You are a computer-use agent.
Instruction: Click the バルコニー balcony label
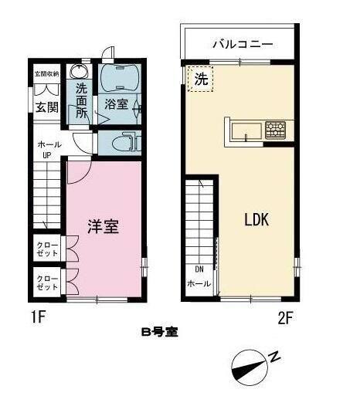[238, 44]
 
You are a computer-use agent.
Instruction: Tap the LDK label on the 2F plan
[256, 219]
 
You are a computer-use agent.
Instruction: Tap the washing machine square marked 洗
[200, 79]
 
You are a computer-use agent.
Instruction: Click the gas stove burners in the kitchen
[274, 129]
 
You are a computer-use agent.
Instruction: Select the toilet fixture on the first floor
[121, 143]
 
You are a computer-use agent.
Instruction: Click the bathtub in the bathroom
[117, 77]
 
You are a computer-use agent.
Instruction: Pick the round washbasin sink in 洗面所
[78, 72]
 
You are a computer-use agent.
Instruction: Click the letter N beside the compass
[274, 355]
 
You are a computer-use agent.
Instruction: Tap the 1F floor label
[34, 317]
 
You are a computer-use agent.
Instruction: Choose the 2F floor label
[285, 317]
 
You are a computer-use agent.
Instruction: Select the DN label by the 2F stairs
[199, 269]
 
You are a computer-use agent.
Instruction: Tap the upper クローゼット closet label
[46, 249]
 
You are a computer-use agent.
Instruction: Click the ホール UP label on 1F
[46, 148]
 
